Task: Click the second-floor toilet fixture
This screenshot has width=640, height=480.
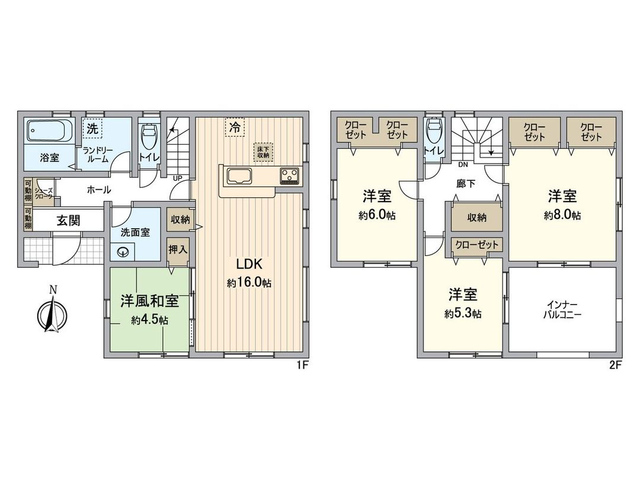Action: coord(434,132)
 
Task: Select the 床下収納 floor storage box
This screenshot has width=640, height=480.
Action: coord(263,151)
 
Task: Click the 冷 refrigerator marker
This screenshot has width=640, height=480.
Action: coord(235,127)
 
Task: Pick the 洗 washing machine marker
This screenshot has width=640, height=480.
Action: coord(92,127)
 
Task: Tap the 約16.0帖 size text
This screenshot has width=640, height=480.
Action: coord(249,284)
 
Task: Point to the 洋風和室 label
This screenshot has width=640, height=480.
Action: coord(149,301)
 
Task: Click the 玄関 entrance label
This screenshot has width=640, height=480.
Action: coord(69,221)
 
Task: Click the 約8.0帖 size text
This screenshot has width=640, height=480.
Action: coord(562,216)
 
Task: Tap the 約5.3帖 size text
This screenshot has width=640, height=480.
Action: coord(463,313)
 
